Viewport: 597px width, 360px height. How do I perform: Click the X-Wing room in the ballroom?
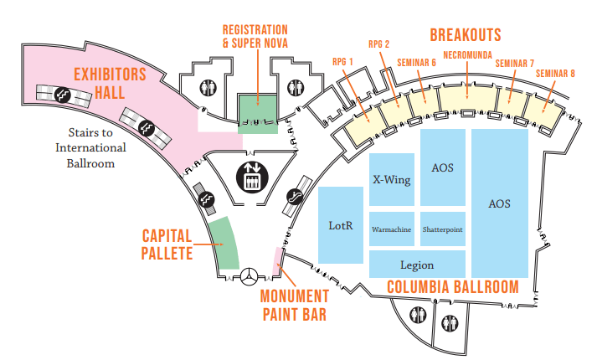[x=392, y=179]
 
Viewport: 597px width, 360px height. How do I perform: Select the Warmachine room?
[x=392, y=229]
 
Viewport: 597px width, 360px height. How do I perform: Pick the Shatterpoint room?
[x=443, y=229]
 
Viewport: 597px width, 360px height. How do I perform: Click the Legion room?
[x=416, y=265]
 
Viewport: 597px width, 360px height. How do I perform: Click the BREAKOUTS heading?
[x=465, y=34]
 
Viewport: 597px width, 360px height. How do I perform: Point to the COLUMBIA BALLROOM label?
[x=452, y=287]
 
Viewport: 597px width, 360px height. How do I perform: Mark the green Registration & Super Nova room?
[x=258, y=114]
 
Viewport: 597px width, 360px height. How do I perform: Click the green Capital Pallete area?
[x=222, y=243]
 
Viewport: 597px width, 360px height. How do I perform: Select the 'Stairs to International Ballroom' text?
[x=90, y=148]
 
